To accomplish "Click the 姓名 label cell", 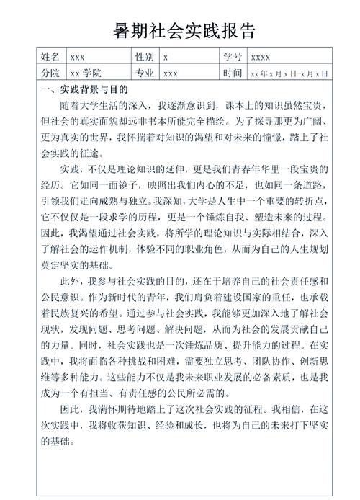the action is click(x=50, y=56).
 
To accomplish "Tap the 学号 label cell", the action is click(x=233, y=56).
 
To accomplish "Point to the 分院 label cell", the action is click(x=50, y=73).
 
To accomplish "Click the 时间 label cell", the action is click(x=233, y=73).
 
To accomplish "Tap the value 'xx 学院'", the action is click(x=85, y=73).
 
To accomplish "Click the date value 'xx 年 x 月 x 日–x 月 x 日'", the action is click(x=289, y=73).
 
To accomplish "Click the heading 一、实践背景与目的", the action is click(x=84, y=90).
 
